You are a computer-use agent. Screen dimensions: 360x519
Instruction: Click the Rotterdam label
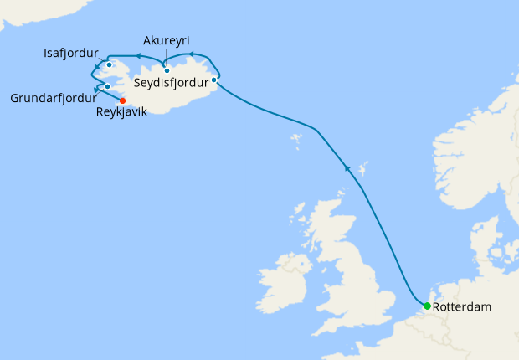(x=463, y=307)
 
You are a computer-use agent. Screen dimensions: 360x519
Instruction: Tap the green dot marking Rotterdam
(x=427, y=306)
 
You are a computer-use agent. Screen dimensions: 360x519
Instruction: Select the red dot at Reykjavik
(x=122, y=101)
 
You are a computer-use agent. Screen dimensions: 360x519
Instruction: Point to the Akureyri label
(x=166, y=41)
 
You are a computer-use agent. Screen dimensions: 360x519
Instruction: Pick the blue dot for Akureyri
(x=167, y=70)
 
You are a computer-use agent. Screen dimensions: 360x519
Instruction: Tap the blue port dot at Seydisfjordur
(x=214, y=80)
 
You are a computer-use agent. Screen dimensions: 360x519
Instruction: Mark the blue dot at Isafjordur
(x=110, y=64)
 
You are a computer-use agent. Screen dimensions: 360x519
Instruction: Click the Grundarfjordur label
(x=51, y=98)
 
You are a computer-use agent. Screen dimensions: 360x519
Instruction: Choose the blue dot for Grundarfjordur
(x=108, y=86)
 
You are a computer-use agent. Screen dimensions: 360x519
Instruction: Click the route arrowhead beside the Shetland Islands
(x=347, y=168)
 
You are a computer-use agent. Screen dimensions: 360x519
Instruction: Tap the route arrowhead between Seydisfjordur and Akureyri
(x=192, y=54)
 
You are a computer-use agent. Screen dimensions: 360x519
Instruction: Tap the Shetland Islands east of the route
(x=361, y=171)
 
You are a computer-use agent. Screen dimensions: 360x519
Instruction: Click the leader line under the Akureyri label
(x=166, y=59)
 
